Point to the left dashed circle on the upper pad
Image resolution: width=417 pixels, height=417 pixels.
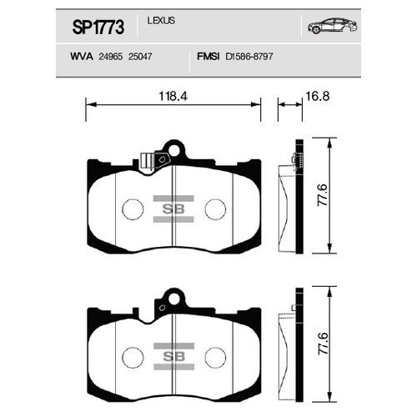pos(133,208)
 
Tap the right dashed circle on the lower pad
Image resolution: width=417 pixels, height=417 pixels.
pos(215,357)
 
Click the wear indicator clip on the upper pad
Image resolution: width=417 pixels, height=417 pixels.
pos(151,158)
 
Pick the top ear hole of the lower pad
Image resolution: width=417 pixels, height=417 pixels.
pos(173,296)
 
